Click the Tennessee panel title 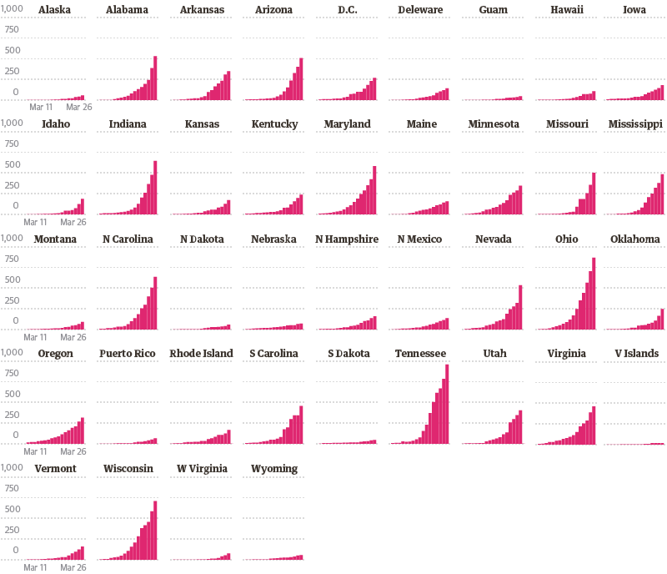pyautogui.click(x=420, y=354)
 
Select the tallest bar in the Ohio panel pyautogui.click(x=594, y=294)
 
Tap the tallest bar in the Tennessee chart pyautogui.click(x=447, y=404)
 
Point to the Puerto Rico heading pyautogui.click(x=128, y=354)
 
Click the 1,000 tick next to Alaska pyautogui.click(x=12, y=10)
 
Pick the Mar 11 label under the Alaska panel pyautogui.click(x=42, y=108)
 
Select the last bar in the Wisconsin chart pyautogui.click(x=155, y=530)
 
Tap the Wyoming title pyautogui.click(x=274, y=469)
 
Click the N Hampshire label pyautogui.click(x=347, y=239)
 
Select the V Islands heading pyautogui.click(x=637, y=354)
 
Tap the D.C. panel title pyautogui.click(x=348, y=10)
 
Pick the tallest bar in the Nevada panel pyautogui.click(x=520, y=308)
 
